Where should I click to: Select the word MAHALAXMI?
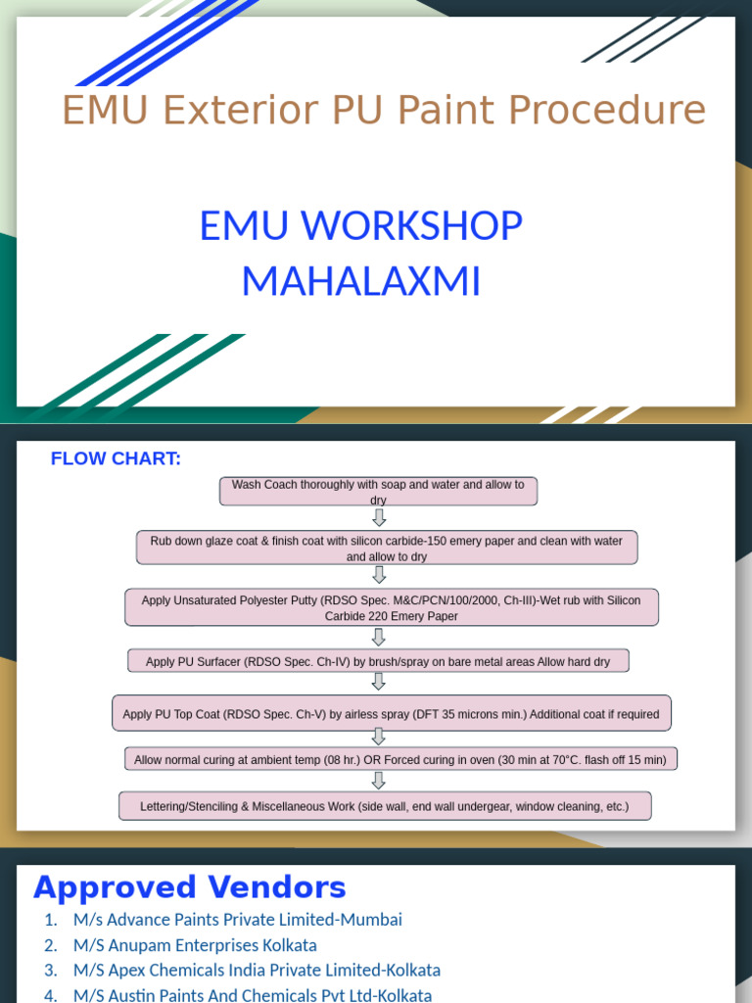(x=360, y=282)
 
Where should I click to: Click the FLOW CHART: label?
(x=116, y=459)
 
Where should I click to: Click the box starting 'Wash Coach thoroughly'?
(x=378, y=491)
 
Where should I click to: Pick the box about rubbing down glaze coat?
(x=386, y=548)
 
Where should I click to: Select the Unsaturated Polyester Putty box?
(x=391, y=607)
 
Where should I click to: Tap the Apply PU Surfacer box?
(x=378, y=661)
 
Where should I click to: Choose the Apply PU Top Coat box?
(x=391, y=714)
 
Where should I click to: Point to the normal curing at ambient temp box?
(x=399, y=759)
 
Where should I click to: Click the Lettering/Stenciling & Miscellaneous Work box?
(x=385, y=806)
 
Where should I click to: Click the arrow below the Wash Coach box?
(x=379, y=517)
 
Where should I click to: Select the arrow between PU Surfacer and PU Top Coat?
(x=379, y=684)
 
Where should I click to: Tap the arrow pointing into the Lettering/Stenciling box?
(x=379, y=781)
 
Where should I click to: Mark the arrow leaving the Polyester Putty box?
(x=379, y=637)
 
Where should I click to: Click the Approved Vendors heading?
(x=189, y=887)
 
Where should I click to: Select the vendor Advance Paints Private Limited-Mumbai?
(x=237, y=920)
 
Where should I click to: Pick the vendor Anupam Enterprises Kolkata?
(x=194, y=945)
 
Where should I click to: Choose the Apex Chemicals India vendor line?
(x=257, y=971)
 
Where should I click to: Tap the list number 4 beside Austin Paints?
(x=51, y=995)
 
